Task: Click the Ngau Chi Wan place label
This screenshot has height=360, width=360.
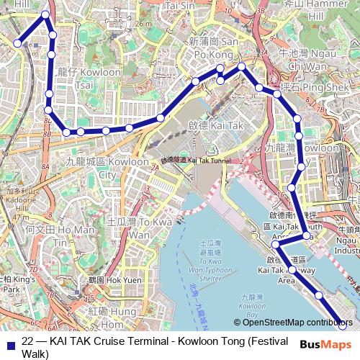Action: tap(302, 59)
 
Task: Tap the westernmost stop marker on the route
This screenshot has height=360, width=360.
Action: tap(17, 43)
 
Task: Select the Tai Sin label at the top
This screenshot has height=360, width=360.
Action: tap(181, 5)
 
